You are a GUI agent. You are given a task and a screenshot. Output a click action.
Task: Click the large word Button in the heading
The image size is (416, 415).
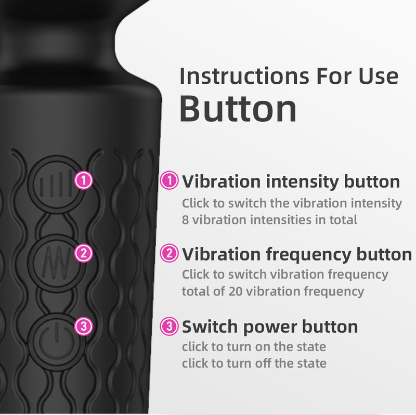coord(238,108)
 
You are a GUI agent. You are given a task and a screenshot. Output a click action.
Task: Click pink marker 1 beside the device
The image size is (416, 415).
coord(84,181)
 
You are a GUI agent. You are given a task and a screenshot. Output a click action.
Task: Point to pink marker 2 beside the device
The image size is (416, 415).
coord(84,254)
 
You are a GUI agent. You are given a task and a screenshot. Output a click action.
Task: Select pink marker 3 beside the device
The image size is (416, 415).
coord(84,327)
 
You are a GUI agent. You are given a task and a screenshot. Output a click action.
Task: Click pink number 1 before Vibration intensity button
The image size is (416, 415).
coord(169,181)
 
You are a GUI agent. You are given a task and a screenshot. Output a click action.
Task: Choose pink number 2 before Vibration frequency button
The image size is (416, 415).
coord(169,254)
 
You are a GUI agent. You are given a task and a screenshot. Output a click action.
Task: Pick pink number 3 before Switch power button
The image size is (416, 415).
coord(169,327)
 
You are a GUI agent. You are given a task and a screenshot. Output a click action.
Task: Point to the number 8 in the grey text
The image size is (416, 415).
coord(186,219)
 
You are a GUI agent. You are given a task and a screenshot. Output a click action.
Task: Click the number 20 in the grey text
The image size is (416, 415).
coord(235,291)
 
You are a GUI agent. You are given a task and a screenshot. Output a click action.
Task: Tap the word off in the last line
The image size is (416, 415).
coord(254,363)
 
